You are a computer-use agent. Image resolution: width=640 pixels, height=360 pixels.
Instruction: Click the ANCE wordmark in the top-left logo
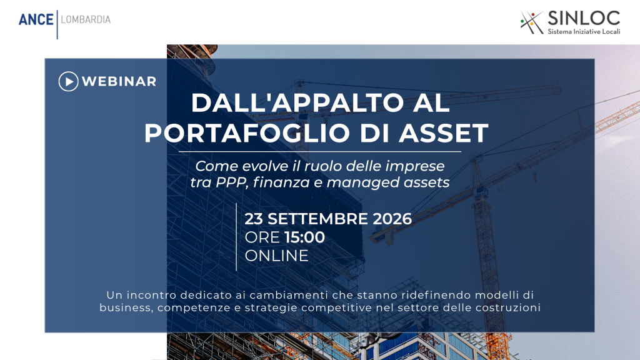(36, 19)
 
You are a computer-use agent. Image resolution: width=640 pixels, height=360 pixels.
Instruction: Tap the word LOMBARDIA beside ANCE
(86, 19)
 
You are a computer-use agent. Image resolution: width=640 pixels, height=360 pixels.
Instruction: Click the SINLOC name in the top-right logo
(584, 18)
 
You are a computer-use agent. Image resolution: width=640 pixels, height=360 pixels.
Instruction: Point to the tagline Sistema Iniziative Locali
(584, 31)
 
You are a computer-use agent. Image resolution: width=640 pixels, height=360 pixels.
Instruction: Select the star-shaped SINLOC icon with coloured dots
(531, 22)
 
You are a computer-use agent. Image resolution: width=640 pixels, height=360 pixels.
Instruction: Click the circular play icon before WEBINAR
(69, 81)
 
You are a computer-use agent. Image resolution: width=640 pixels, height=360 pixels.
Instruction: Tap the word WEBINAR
(119, 81)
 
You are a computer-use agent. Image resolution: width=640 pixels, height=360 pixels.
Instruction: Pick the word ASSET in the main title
(444, 132)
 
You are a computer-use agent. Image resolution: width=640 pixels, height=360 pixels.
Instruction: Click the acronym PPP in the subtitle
(231, 182)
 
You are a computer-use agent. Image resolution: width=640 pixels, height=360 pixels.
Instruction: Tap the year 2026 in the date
(392, 219)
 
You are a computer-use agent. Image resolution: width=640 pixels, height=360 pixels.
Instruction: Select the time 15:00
(304, 237)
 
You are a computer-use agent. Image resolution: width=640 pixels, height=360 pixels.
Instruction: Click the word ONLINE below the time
(276, 256)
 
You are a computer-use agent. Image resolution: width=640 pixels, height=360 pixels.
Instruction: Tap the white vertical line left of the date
(236, 237)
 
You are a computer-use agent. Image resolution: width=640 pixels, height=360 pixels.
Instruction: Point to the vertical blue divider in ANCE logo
(57, 24)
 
